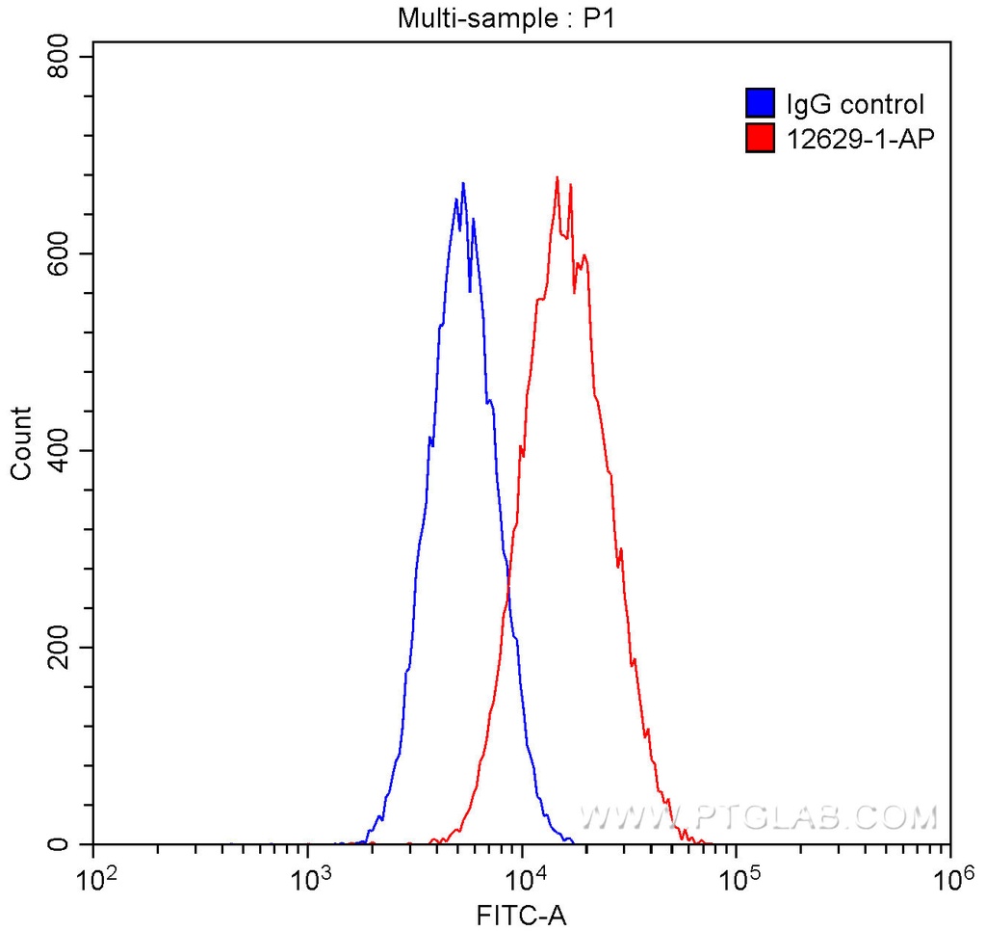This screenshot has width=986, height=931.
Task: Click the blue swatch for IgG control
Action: point(761,103)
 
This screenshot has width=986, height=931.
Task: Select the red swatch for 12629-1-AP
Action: point(761,139)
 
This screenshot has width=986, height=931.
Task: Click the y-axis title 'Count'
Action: point(20,443)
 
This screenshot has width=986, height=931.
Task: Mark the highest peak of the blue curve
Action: point(463,183)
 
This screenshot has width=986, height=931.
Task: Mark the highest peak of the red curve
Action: point(558,177)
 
